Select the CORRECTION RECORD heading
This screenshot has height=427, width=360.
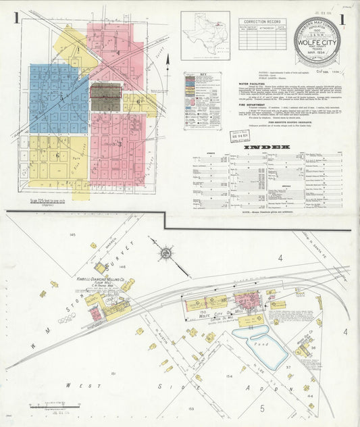tap(262, 22)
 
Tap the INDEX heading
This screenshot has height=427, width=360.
tap(271, 146)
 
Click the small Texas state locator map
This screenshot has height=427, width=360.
tap(205, 35)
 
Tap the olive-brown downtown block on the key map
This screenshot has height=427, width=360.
tap(106, 97)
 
